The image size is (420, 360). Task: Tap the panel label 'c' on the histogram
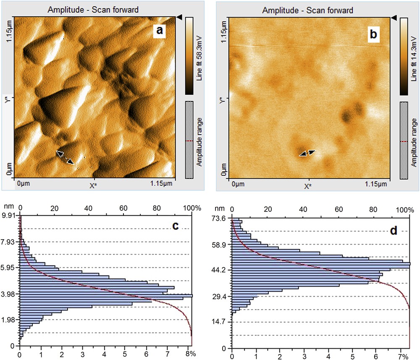(x=176, y=227)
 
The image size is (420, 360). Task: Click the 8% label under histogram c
(x=191, y=354)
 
